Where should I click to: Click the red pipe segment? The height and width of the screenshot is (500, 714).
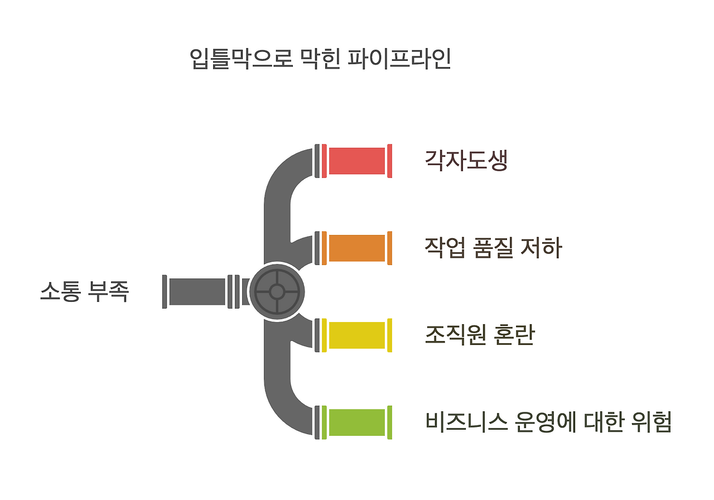click(x=357, y=161)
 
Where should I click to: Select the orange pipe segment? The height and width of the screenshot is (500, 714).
click(x=357, y=248)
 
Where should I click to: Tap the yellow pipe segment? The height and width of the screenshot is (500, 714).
click(x=357, y=335)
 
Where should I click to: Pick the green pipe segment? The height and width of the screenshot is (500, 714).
click(x=357, y=422)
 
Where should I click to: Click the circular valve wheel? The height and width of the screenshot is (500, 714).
click(x=277, y=291)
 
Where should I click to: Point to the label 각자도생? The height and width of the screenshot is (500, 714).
click(x=466, y=161)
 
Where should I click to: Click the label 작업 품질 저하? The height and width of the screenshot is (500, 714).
click(x=493, y=248)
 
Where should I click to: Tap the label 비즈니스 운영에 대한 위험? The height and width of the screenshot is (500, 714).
click(x=548, y=422)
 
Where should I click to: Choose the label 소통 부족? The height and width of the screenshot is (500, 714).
click(x=84, y=291)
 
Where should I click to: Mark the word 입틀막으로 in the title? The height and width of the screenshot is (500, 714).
click(x=241, y=59)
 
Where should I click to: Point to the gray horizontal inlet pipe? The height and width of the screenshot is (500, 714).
click(x=197, y=291)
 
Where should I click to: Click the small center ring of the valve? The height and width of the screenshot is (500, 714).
click(x=277, y=291)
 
